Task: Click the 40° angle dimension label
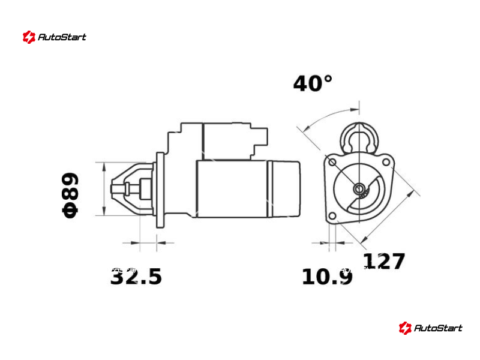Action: click(x=313, y=83)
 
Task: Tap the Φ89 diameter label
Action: click(x=71, y=196)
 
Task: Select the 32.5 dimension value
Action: click(x=136, y=277)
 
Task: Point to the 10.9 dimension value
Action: click(x=327, y=277)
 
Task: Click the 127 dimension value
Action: click(x=384, y=261)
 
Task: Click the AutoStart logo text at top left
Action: click(x=62, y=37)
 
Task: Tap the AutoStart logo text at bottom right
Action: click(x=438, y=328)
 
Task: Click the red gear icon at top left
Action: click(x=29, y=37)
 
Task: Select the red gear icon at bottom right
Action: click(x=405, y=328)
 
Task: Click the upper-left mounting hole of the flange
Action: click(x=332, y=162)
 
